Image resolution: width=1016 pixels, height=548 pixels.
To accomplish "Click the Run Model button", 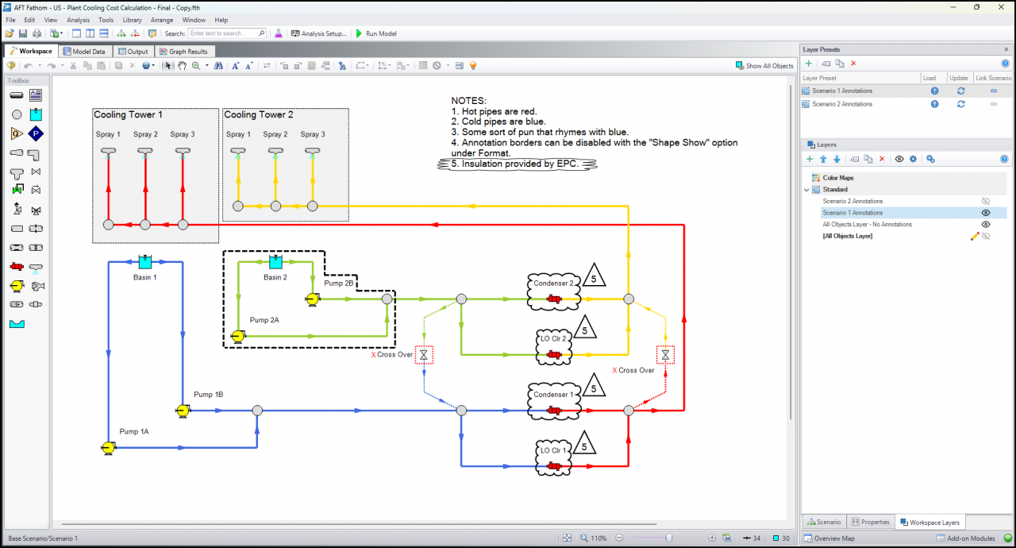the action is [376, 33].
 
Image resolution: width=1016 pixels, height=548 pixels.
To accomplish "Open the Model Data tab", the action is [84, 52].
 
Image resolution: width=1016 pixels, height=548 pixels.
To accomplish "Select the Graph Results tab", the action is [183, 52].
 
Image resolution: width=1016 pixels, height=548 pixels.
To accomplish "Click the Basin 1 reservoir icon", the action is [145, 262].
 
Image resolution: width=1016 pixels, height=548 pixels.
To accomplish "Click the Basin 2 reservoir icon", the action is [275, 262].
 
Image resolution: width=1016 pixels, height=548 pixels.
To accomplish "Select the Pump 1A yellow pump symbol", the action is [108, 448].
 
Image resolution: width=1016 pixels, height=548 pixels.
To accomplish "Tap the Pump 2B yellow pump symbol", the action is [312, 299].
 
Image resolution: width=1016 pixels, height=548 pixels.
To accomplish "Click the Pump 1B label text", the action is [208, 394].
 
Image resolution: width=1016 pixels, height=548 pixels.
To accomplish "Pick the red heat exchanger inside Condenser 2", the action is [554, 299].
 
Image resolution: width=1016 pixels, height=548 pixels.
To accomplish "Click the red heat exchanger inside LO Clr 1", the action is [554, 466].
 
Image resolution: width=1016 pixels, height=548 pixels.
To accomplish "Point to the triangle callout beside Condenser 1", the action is [594, 385].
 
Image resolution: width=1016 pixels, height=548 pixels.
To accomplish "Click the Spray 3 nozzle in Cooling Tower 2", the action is [313, 152].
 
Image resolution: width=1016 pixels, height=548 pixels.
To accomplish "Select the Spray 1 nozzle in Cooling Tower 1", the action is [109, 152].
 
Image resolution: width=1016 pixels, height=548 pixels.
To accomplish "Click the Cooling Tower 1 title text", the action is [128, 115].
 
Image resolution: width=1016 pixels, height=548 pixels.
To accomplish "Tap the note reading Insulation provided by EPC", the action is [515, 164].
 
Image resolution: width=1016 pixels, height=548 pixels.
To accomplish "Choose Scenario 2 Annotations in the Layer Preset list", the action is [842, 104].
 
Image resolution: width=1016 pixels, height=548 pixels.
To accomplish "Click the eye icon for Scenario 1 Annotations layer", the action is [986, 213].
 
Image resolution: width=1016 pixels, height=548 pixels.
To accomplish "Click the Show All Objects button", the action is [764, 66].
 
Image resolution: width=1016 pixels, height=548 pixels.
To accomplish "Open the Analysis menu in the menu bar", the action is [78, 20].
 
